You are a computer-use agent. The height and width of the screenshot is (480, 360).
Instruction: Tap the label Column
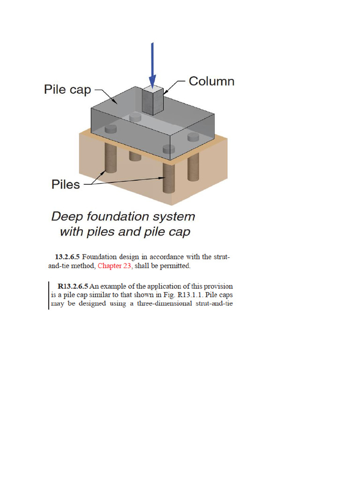(211, 81)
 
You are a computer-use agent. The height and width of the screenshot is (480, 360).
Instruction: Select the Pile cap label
(67, 90)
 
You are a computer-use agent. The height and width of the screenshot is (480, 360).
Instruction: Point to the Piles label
(66, 185)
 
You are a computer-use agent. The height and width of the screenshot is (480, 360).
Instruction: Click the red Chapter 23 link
(114, 266)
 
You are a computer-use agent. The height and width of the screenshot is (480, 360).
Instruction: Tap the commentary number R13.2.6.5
(73, 286)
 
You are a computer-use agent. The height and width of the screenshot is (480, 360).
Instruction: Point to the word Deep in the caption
(67, 217)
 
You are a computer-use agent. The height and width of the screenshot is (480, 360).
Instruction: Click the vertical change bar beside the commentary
(49, 295)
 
